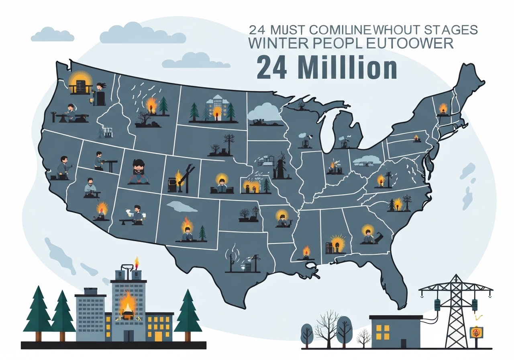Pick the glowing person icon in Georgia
pos(367,235)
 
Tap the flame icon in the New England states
pos(443,108)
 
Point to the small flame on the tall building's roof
pos(137,263)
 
